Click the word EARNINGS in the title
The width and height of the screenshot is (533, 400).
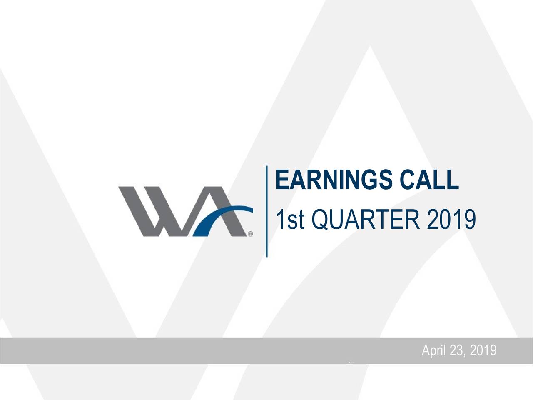click(334, 180)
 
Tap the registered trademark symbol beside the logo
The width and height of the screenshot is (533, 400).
click(250, 234)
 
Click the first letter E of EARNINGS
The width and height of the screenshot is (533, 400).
click(282, 180)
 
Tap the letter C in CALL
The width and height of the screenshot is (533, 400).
click(407, 180)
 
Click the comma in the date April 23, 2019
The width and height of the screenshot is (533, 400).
click(465, 354)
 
